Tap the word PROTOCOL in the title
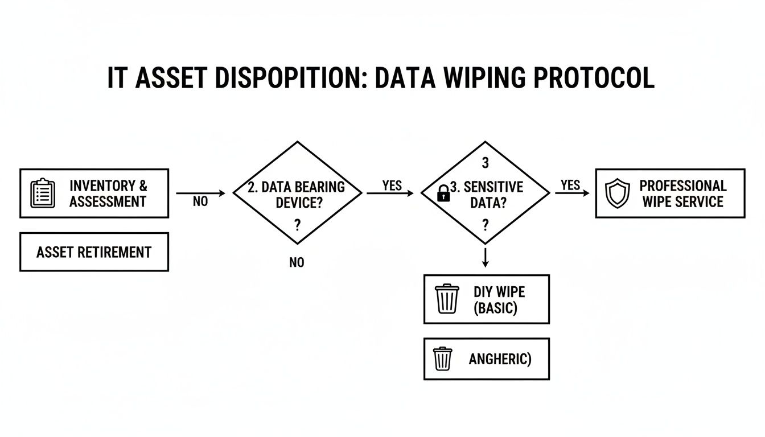594,78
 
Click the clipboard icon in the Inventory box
43,193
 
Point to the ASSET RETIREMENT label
94,252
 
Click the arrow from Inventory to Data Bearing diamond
200,193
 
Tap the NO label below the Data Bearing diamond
297,262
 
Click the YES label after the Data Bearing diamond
392,185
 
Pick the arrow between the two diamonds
390,193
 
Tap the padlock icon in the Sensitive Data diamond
442,195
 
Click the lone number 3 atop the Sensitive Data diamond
485,163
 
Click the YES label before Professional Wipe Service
570,185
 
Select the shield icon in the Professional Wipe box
618,193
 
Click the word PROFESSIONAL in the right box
682,186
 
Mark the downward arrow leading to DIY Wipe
485,257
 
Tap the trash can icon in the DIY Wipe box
447,299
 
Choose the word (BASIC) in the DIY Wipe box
495,308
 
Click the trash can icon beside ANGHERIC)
442,358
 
